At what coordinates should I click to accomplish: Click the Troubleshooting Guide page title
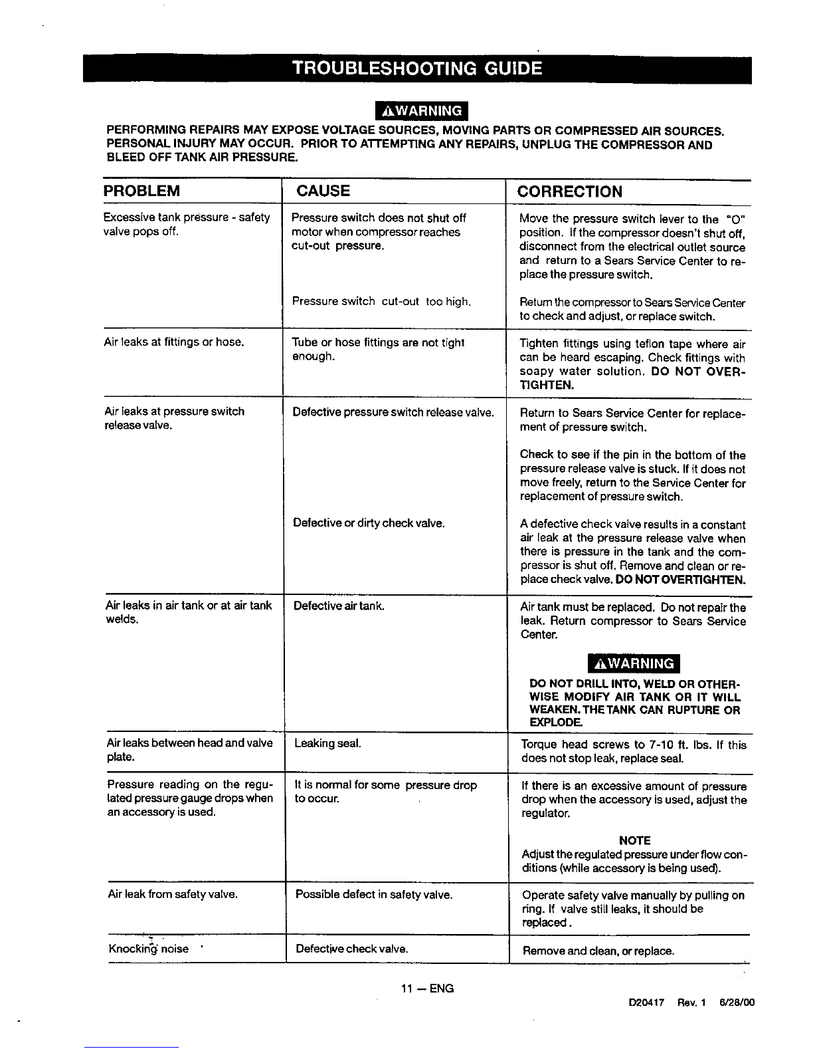pyautogui.click(x=417, y=68)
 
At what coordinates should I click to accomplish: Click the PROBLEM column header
pyautogui.click(x=141, y=191)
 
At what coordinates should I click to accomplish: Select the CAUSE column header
pyautogui.click(x=323, y=191)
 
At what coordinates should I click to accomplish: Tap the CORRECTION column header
pyautogui.click(x=570, y=192)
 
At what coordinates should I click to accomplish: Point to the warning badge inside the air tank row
pyautogui.click(x=634, y=663)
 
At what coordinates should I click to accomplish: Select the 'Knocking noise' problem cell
pyautogui.click(x=149, y=949)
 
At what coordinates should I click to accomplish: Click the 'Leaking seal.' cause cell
pyautogui.click(x=328, y=743)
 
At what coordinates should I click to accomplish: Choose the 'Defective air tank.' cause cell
pyautogui.click(x=339, y=606)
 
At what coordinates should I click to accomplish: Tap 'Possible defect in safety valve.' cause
pyautogui.click(x=374, y=894)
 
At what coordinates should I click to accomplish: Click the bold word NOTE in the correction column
pyautogui.click(x=634, y=840)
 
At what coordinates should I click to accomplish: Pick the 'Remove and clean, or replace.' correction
pyautogui.click(x=598, y=951)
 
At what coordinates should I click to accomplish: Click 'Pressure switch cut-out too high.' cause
pyautogui.click(x=381, y=301)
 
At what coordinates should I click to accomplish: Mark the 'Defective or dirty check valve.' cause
pyautogui.click(x=369, y=523)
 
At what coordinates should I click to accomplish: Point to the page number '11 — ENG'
pyautogui.click(x=427, y=989)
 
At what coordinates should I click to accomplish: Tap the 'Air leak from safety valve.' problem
pyautogui.click(x=173, y=894)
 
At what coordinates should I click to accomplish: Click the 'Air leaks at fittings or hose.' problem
pyautogui.click(x=174, y=342)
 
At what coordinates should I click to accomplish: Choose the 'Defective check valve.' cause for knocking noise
pyautogui.click(x=351, y=949)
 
